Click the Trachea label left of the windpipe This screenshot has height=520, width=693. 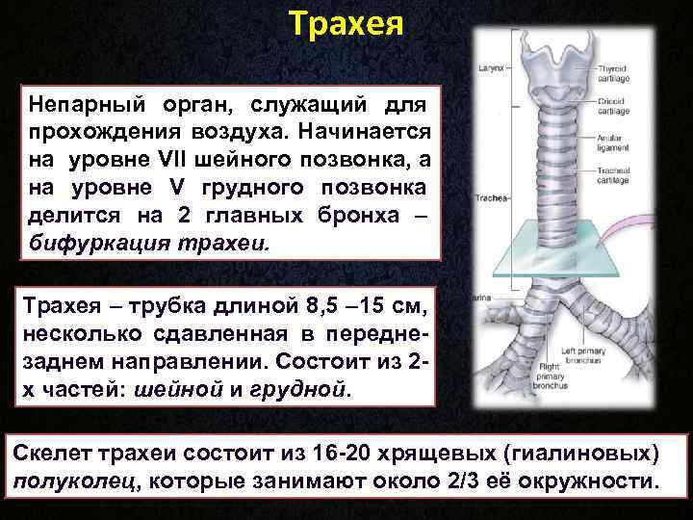click(491, 199)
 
